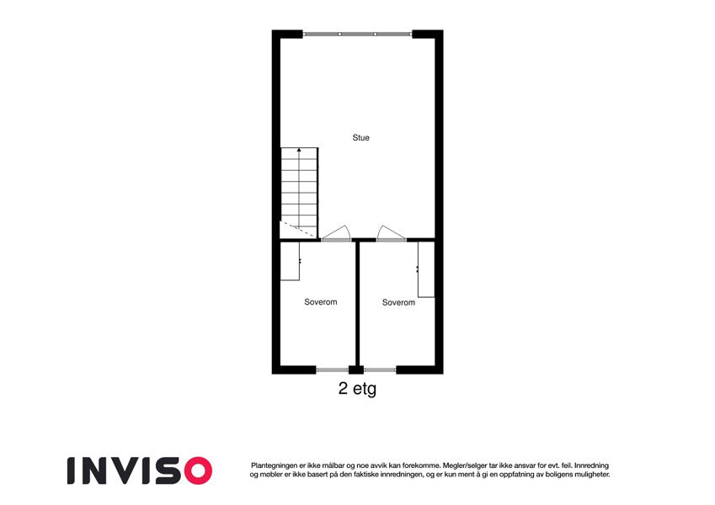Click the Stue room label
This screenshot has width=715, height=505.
pos(360,138)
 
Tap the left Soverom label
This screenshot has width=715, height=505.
pos(321,301)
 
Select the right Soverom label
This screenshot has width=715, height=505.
pos(398,302)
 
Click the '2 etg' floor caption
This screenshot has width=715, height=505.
pos(357,389)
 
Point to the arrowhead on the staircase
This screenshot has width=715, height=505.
pos(299,149)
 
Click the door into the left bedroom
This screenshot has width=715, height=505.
pos(336,233)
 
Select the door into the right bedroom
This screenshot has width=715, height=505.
pos(392,233)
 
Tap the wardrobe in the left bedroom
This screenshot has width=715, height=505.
pos(290,261)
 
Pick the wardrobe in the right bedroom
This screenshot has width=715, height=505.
pos(426,269)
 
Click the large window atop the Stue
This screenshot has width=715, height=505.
pos(357,35)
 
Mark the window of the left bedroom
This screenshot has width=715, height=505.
pos(333,369)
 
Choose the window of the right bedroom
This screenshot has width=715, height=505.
pos(380,369)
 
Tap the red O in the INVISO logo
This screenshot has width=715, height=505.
pos(195,470)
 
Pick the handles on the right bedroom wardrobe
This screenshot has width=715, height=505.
pos(417,268)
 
